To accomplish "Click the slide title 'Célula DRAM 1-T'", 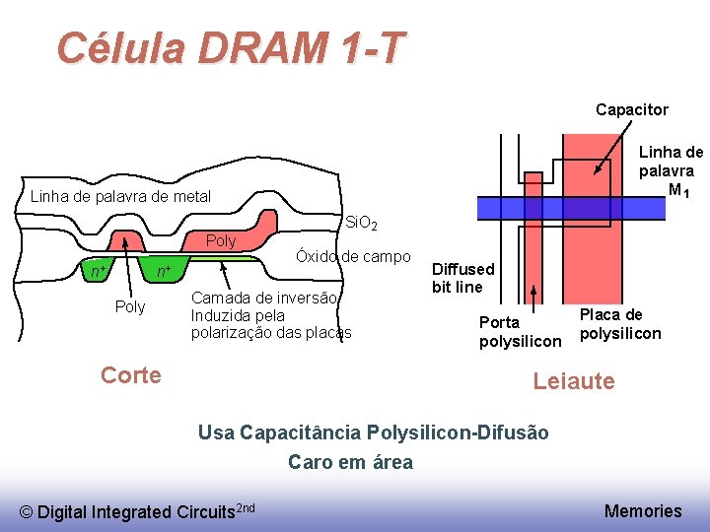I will tap(231, 47).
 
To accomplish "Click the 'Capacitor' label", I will tap(631, 109).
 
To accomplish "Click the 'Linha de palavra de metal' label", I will tap(120, 196).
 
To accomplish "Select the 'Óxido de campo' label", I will tap(353, 257).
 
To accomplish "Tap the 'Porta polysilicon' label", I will tap(519, 332).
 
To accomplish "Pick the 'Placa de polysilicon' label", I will tap(620, 324).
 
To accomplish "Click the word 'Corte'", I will tap(131, 374).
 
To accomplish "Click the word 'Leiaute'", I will tap(573, 381).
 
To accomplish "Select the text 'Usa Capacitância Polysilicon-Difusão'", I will tap(373, 432).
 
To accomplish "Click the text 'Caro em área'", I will tap(350, 462).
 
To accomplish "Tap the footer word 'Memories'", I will tap(642, 510).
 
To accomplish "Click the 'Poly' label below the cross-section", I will tap(130, 307).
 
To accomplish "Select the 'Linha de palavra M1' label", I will tap(671, 169).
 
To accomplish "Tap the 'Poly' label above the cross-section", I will tap(221, 241).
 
